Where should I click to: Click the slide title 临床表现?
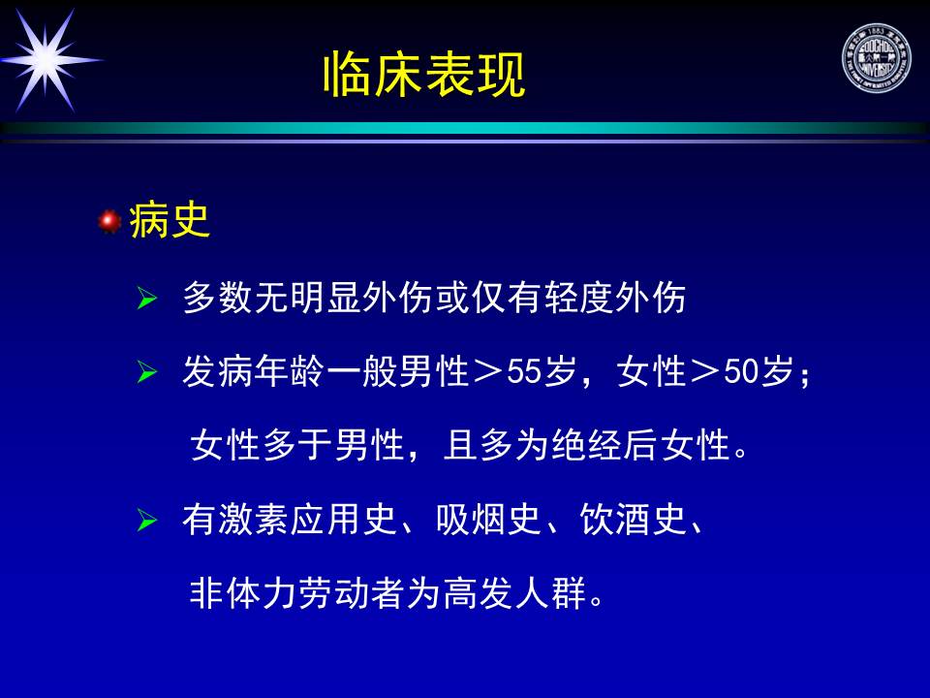[424, 75]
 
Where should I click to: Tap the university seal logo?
[876, 58]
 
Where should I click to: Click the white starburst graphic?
[46, 59]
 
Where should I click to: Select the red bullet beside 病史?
[109, 221]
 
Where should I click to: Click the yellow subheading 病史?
[170, 221]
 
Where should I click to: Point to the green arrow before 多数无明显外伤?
[146, 298]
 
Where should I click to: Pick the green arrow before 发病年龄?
[146, 372]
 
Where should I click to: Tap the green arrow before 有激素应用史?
[146, 521]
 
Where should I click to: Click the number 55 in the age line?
[524, 372]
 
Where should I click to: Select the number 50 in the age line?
[741, 372]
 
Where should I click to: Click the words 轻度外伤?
[615, 298]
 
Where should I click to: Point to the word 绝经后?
[604, 445]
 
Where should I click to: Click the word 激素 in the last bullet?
[254, 520]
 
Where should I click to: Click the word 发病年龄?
[254, 372]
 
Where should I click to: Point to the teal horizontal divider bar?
[465, 128]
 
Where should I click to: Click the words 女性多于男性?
[297, 445]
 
